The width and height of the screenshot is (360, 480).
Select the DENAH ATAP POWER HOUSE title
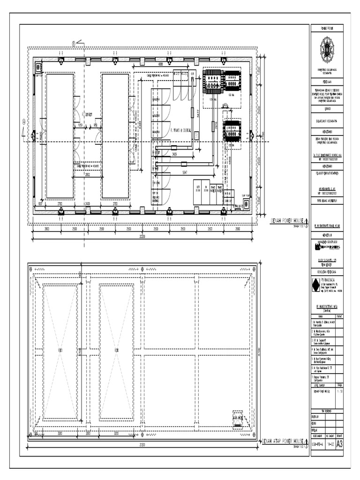[283, 441]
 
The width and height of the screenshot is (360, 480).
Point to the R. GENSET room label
[87, 114]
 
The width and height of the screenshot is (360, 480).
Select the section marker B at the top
[74, 44]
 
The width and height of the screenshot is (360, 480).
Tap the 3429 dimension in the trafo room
[174, 154]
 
